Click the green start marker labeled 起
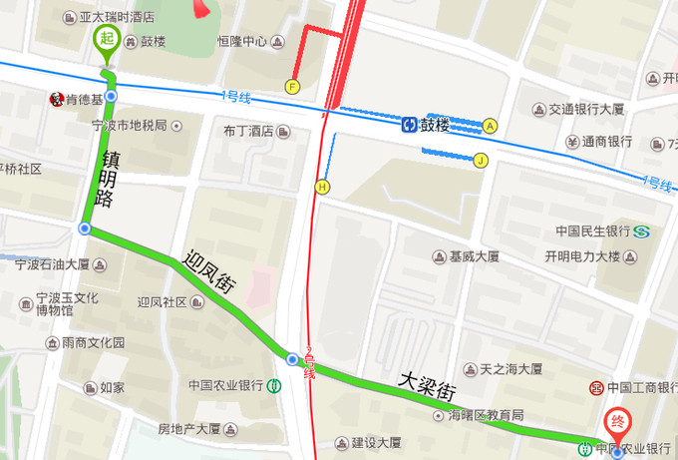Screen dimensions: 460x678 click(106, 41)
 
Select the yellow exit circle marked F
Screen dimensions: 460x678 click(292, 86)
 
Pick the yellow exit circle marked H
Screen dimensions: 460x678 click(322, 186)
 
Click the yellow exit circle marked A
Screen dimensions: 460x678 click(490, 126)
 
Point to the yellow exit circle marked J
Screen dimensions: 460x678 click(481, 160)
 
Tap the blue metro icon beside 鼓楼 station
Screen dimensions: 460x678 click(409, 125)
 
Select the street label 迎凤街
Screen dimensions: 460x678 click(208, 270)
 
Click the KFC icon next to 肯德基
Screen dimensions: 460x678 click(57, 99)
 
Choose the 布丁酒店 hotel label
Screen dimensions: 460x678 click(248, 131)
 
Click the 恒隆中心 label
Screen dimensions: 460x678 click(242, 42)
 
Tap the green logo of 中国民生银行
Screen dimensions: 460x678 click(642, 231)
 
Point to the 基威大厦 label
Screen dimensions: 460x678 click(474, 256)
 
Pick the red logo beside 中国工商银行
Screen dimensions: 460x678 click(595, 388)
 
